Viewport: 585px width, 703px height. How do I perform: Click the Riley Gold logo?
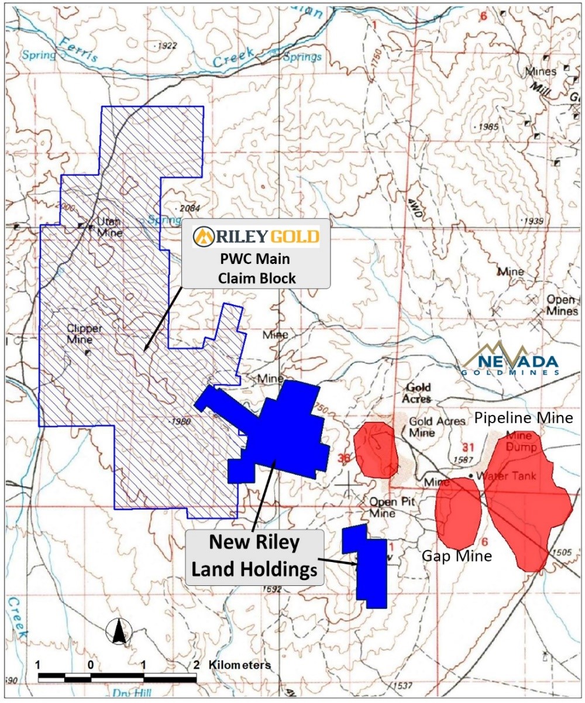(256, 236)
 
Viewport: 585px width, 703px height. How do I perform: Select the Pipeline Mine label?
(524, 417)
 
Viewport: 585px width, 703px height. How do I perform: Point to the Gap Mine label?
(457, 556)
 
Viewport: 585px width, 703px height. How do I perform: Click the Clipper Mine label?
(84, 333)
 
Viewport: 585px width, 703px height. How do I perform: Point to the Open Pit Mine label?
(383, 507)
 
